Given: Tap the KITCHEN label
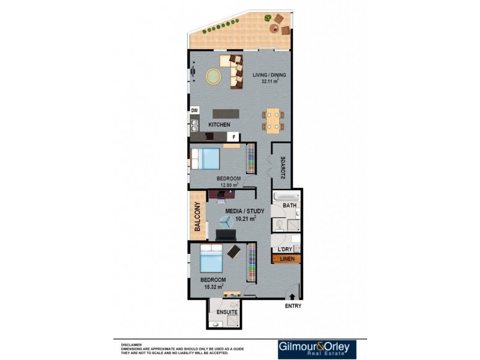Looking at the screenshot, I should click(x=219, y=124).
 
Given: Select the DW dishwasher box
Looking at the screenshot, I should click(x=194, y=110).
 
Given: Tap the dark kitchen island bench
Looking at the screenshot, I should click(x=226, y=113).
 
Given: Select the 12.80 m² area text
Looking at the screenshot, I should click(x=228, y=185).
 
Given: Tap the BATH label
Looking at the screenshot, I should click(x=290, y=206).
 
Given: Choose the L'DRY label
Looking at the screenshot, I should click(x=284, y=249).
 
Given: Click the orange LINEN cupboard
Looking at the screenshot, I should click(x=287, y=259).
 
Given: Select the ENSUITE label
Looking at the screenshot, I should click(x=227, y=313).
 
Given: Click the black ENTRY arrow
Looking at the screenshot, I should click(x=292, y=296).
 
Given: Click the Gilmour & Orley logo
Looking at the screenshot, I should click(x=317, y=349).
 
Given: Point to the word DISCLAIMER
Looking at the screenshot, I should click(x=131, y=345).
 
